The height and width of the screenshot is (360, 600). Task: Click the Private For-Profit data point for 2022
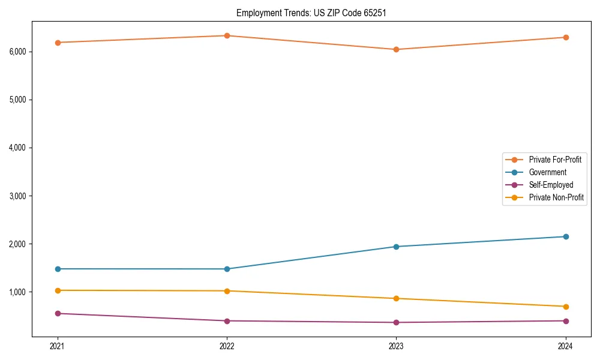coord(227,35)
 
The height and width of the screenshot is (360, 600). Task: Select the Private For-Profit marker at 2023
coord(396,49)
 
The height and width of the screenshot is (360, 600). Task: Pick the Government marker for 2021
coord(58,269)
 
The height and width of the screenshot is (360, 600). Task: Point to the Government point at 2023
coord(396,247)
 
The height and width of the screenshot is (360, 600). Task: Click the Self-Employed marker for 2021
coord(58,313)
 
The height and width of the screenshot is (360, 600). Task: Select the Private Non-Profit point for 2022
coord(227,291)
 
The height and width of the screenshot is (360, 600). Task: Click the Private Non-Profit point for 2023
coord(396,298)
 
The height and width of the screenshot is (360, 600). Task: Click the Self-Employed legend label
coord(551,185)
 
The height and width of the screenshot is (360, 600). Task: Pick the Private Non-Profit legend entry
coord(556,197)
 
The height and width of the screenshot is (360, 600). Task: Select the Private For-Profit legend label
coord(555,160)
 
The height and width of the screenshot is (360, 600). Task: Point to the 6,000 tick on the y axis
coord(17,52)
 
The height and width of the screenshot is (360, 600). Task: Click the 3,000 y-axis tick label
coord(17,196)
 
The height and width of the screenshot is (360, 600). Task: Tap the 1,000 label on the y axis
coord(17,292)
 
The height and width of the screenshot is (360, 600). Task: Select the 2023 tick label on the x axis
coord(396,346)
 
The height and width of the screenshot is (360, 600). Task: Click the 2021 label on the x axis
coord(58,346)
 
